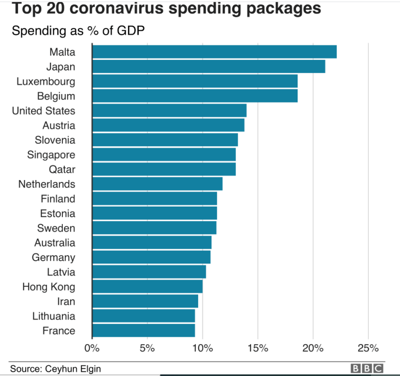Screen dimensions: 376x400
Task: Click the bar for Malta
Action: pos(214,52)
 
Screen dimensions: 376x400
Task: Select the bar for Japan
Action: pos(208,66)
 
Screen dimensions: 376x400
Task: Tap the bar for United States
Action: pos(169,111)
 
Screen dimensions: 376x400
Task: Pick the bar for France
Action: pos(143,331)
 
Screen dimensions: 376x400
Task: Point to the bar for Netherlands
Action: pos(157,184)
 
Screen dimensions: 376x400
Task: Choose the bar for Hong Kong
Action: pos(147,287)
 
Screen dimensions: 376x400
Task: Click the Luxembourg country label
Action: pos(46,81)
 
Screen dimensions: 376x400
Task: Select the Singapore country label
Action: pos(55,154)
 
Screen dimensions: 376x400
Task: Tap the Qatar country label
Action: pos(62,169)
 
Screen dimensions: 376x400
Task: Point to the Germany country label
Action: pos(53,257)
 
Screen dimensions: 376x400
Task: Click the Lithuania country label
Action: pos(54,316)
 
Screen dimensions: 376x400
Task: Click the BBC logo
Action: pos(367,369)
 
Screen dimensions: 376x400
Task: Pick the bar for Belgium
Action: pos(195,96)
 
